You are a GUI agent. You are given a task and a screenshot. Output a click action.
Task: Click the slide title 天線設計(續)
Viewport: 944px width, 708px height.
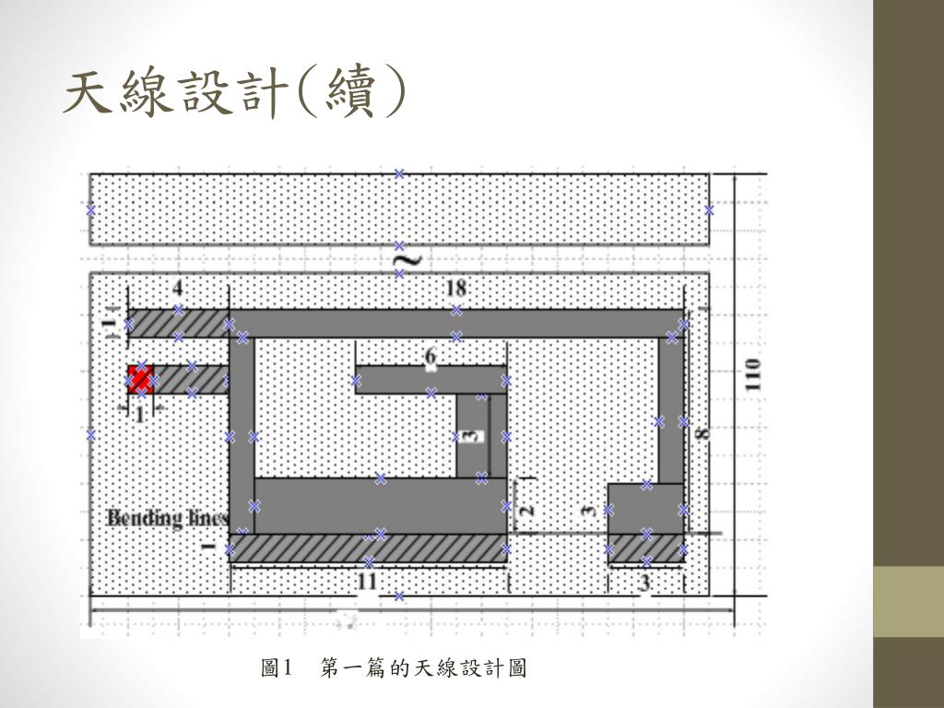[x=234, y=95]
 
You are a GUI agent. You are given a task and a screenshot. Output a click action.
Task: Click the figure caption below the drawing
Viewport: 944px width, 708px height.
[x=394, y=667]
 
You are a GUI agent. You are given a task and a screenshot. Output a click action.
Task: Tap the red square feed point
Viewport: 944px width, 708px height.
[x=140, y=379]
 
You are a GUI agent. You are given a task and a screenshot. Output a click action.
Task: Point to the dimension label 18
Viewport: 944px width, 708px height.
[x=456, y=288]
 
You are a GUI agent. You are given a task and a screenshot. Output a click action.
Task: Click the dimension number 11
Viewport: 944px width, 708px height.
[x=367, y=582]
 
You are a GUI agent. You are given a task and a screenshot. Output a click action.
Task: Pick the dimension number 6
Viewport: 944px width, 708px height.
[x=431, y=356]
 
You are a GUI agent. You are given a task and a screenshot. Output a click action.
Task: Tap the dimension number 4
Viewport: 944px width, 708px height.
[x=178, y=288]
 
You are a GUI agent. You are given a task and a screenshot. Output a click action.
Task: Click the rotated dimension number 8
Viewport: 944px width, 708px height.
[x=702, y=431]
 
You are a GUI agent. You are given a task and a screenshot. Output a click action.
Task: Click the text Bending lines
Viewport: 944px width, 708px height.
[x=167, y=517]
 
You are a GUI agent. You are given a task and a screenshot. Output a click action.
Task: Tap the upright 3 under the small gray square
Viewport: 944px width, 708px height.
[x=644, y=583]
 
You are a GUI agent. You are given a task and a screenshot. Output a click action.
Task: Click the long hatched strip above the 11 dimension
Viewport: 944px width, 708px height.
[x=369, y=548]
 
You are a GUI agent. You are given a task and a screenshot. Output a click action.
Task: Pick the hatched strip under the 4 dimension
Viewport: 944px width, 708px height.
[x=178, y=324]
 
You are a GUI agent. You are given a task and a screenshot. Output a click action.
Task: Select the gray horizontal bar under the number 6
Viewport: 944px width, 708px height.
[x=431, y=379]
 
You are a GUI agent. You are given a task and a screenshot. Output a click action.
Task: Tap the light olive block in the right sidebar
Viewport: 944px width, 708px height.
[x=908, y=601]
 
